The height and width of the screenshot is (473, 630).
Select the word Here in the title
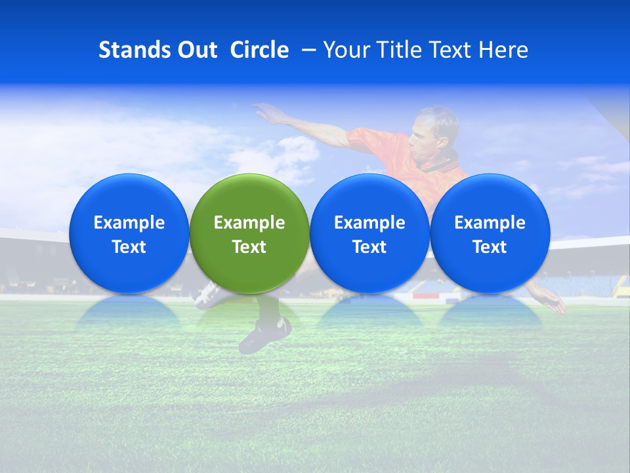504,50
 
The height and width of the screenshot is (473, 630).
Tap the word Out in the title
197,50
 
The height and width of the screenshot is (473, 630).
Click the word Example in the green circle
249,223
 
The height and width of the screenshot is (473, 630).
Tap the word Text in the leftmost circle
129,247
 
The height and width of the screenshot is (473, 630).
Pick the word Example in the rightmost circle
490,223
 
